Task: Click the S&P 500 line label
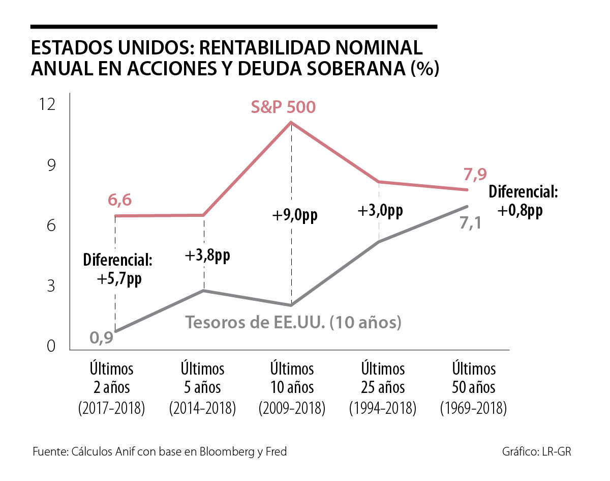283,107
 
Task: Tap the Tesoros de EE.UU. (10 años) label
294,322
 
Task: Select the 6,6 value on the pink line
119,201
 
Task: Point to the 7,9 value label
475,175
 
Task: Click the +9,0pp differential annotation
294,215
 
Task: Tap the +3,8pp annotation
207,256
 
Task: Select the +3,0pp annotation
380,210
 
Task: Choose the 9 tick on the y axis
50,165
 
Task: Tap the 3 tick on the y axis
50,286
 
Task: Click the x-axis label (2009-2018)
292,408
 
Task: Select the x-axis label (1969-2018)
473,408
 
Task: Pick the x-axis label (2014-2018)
202,408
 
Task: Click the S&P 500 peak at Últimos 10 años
291,122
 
